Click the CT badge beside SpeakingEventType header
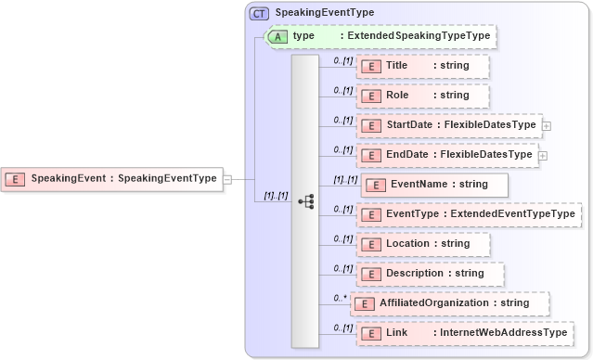coord(259,13)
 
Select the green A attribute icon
coord(277,36)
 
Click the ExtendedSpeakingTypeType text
coord(415,36)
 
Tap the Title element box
coord(423,66)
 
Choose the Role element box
coord(423,96)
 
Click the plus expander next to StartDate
coord(547,125)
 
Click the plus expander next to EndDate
coord(543,155)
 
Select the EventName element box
coord(434,185)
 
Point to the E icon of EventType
coord(371,214)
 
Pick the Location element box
coord(423,244)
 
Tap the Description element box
coord(431,274)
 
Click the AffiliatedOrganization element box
coord(449,303)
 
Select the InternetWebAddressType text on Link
coord(503,333)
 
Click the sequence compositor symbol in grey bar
coord(305,200)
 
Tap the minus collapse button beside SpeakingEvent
coord(228,179)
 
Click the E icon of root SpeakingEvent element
coord(16,179)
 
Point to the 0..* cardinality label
coord(340,297)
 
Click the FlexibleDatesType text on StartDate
coord(490,125)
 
